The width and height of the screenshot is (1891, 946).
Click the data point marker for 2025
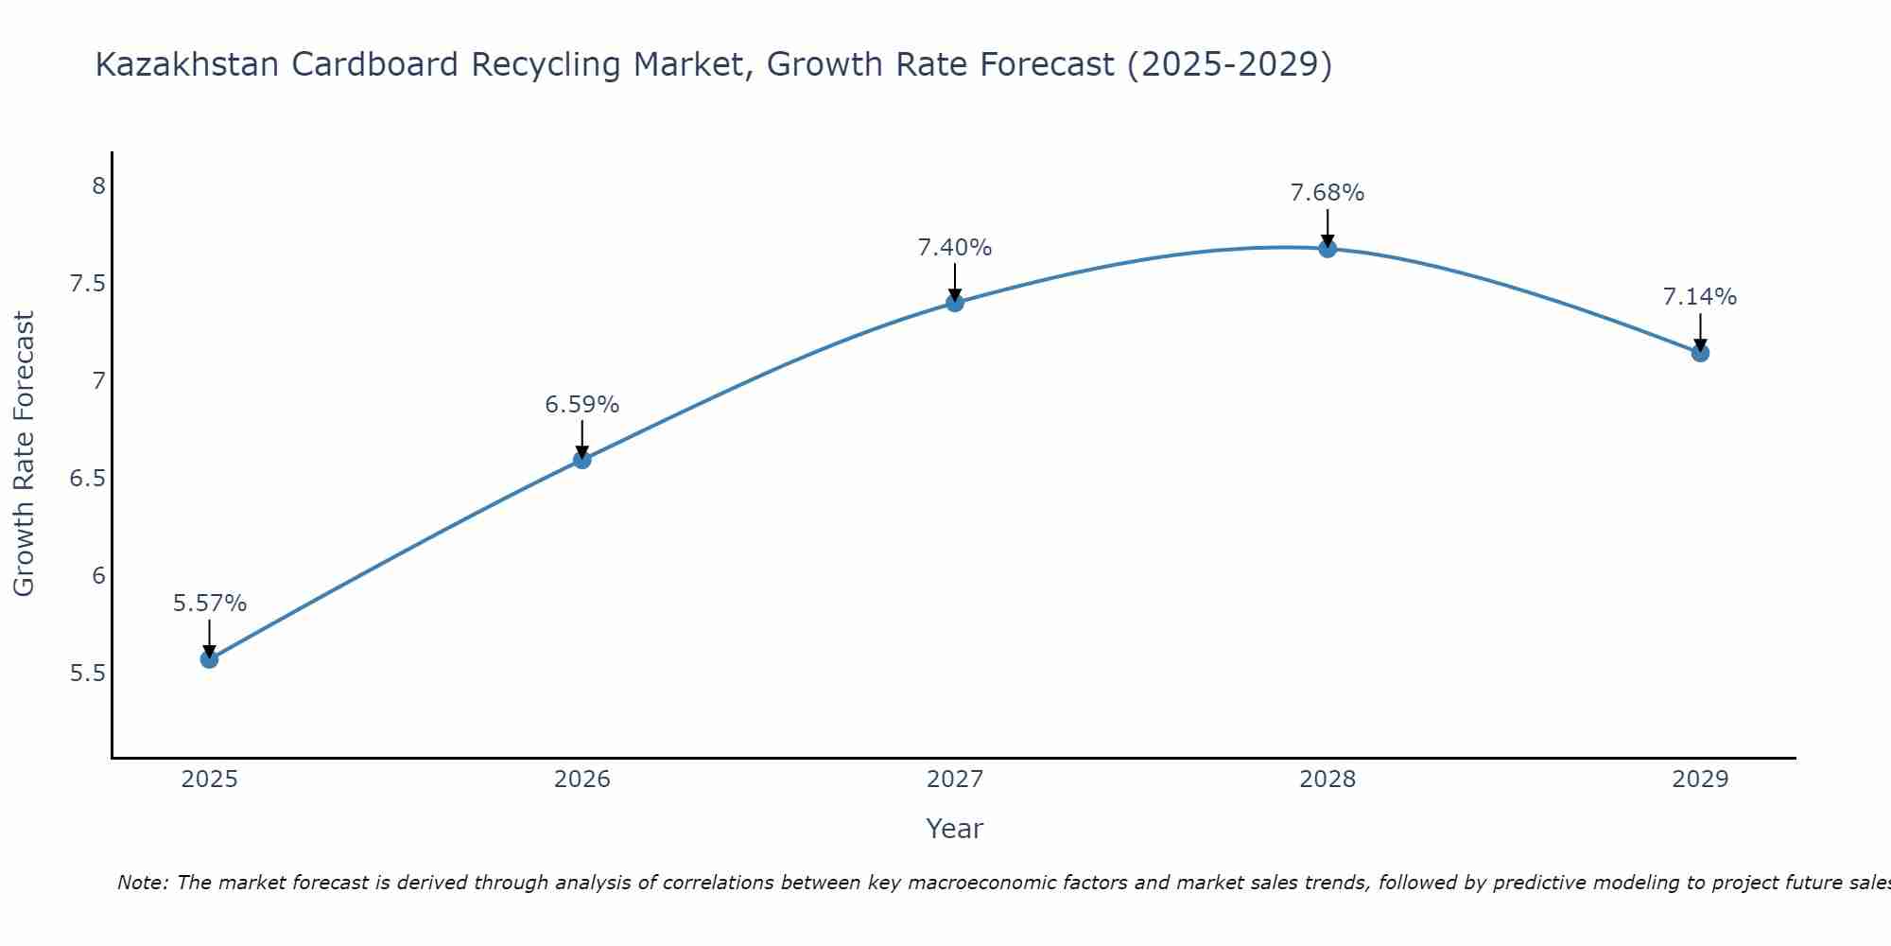tap(209, 659)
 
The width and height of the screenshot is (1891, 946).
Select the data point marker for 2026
tap(582, 460)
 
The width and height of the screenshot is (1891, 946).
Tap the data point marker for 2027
tap(955, 303)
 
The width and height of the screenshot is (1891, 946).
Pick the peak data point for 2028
tap(1327, 249)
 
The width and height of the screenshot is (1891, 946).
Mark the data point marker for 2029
tap(1700, 353)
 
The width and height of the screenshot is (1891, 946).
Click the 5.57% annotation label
tap(209, 604)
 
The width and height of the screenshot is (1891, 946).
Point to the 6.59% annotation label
tap(582, 405)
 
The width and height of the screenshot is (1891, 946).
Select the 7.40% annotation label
tap(955, 248)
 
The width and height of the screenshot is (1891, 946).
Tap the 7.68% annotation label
tap(1327, 193)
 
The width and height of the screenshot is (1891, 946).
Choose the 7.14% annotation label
tap(1700, 297)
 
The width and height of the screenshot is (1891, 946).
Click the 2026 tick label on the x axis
tap(582, 780)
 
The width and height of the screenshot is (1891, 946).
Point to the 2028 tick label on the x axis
tap(1327, 780)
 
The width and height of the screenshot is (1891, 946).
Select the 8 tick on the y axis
tap(98, 185)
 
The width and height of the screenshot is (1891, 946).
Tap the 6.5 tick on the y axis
tap(87, 479)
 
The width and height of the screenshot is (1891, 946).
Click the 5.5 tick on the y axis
tap(87, 674)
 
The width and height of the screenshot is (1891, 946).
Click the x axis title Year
tap(955, 829)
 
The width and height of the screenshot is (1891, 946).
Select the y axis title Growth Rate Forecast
tap(24, 454)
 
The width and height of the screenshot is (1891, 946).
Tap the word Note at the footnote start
tap(142, 883)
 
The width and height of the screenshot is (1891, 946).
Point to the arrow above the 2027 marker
tap(955, 282)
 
